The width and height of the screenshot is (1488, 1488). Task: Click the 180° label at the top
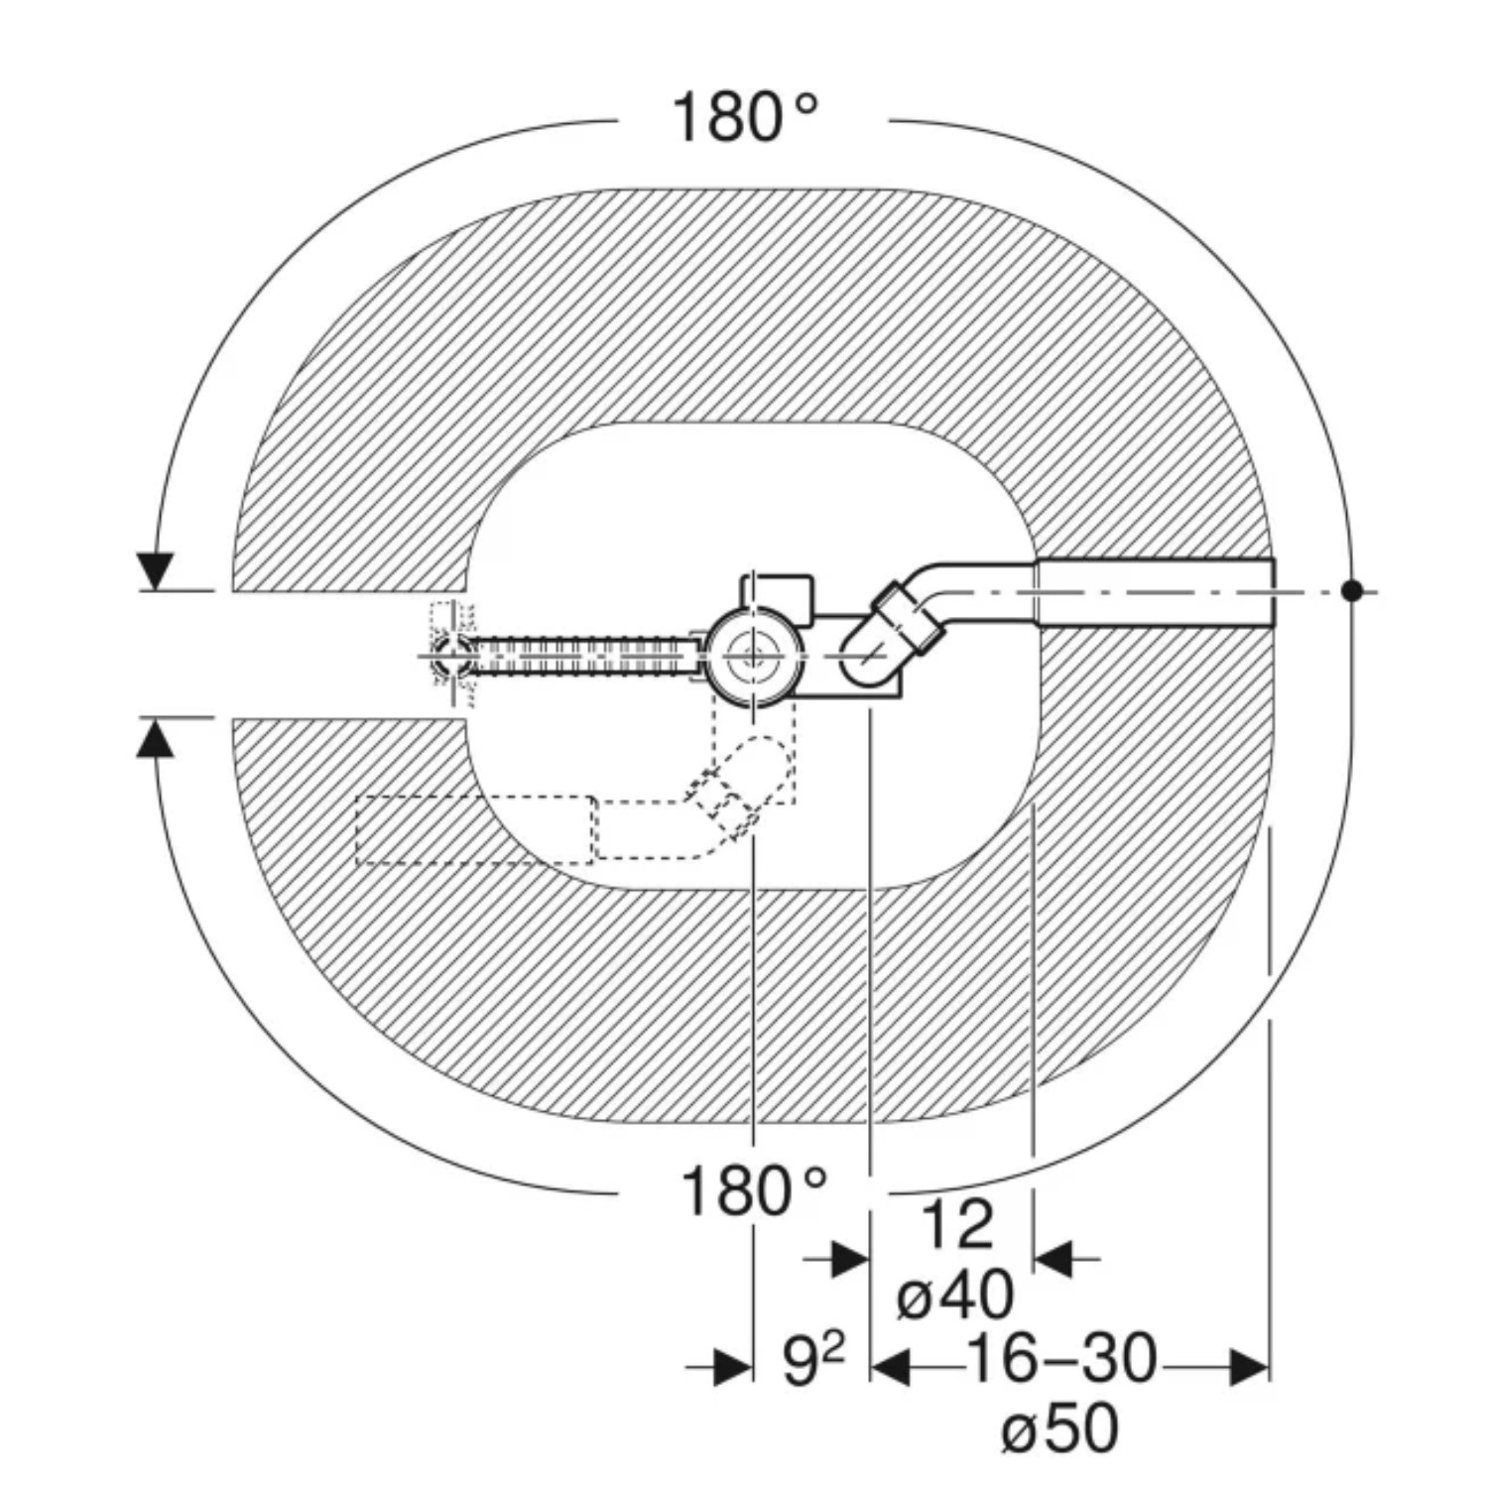point(745,117)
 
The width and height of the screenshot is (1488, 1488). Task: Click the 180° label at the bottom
point(754,1190)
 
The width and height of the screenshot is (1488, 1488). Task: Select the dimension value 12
point(957,1225)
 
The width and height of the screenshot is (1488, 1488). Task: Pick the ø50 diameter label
point(1059,1429)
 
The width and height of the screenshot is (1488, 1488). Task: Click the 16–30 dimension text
point(1061,1358)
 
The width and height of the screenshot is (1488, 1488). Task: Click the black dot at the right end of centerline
point(1351,591)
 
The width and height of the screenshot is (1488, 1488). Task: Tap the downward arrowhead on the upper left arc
point(156,571)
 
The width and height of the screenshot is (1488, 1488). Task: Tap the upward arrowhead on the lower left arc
point(155,736)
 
